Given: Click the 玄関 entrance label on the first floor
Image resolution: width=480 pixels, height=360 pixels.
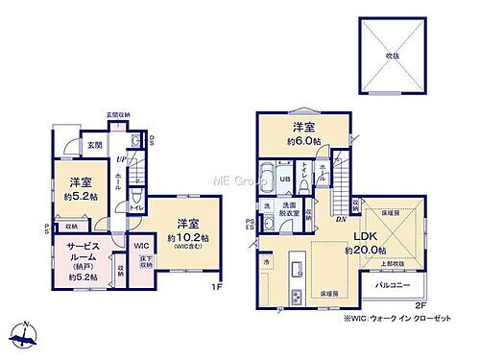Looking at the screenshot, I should pos(94,145).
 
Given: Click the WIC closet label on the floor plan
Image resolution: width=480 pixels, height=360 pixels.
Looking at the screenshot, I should pos(140,247).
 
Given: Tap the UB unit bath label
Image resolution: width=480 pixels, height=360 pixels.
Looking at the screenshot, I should pos(284,178).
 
